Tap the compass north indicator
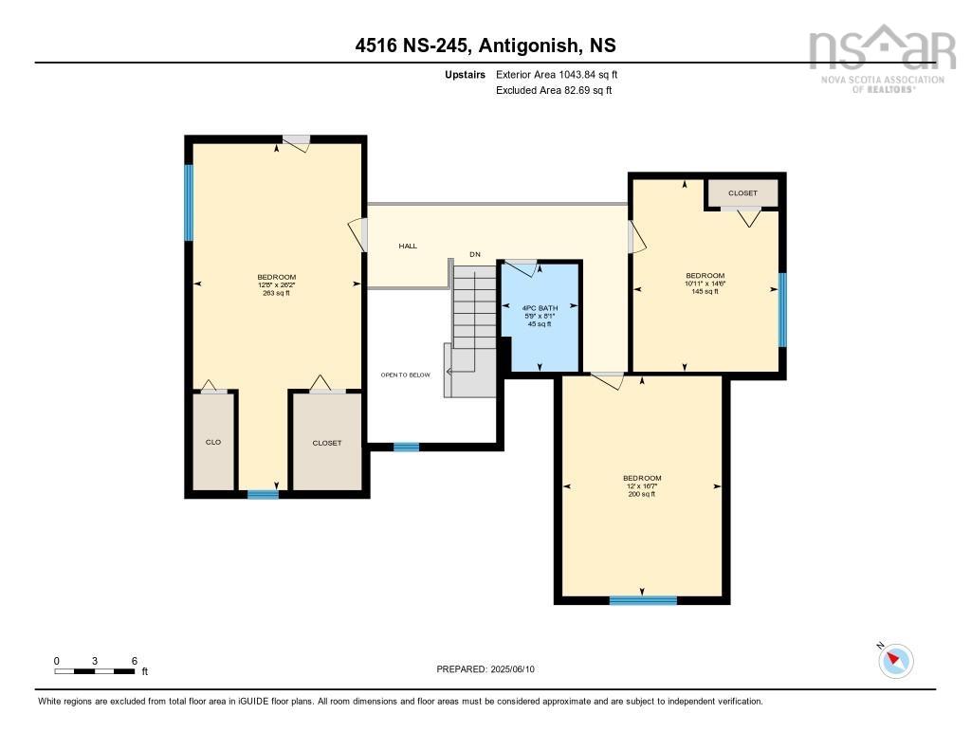point(896,660)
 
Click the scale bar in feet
point(95,671)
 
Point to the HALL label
point(408,246)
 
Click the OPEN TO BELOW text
point(405,375)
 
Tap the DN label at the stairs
point(475,254)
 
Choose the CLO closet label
point(213,443)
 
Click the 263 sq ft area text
point(274,293)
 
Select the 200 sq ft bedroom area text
point(642,494)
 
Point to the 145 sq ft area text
point(705,291)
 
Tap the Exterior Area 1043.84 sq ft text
point(558,74)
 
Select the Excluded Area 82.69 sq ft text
point(554,91)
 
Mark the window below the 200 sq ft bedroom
point(643,599)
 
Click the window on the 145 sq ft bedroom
point(782,309)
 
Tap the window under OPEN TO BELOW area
point(407,447)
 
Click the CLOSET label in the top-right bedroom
point(742,193)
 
